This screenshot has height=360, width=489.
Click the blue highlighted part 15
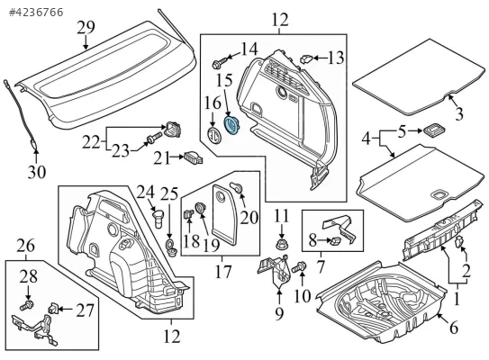pyautogui.click(x=231, y=125)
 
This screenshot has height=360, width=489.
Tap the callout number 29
pyautogui.click(x=86, y=28)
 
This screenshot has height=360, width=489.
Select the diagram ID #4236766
pyautogui.click(x=36, y=13)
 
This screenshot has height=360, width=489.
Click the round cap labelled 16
pyautogui.click(x=214, y=136)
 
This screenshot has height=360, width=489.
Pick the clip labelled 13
pyautogui.click(x=306, y=58)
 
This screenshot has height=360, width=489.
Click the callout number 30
pyautogui.click(x=37, y=173)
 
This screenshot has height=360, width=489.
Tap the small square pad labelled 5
pyautogui.click(x=434, y=130)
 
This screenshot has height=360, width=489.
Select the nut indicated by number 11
pyautogui.click(x=282, y=243)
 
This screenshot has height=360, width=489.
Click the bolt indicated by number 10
pyautogui.click(x=299, y=267)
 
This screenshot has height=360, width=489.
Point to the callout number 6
pyautogui.click(x=454, y=328)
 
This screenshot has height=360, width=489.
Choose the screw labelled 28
pyautogui.click(x=27, y=305)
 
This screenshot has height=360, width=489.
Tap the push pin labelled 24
pyautogui.click(x=158, y=219)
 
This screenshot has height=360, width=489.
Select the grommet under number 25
pyautogui.click(x=170, y=247)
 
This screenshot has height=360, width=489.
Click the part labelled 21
pyautogui.click(x=194, y=157)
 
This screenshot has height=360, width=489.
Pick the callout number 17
pyautogui.click(x=223, y=271)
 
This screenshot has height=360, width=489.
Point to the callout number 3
pyautogui.click(x=459, y=113)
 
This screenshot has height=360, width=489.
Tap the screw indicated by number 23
pyautogui.click(x=153, y=138)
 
